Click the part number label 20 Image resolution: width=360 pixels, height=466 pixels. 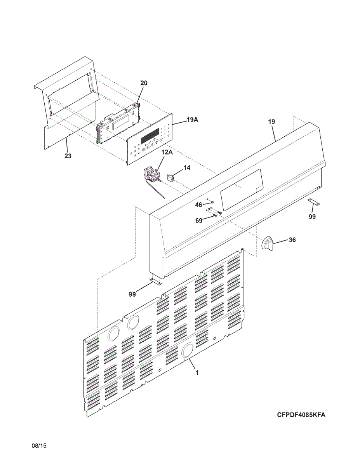(x=144, y=83)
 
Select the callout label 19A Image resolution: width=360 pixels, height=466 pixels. (x=192, y=120)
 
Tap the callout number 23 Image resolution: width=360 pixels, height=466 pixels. (x=68, y=156)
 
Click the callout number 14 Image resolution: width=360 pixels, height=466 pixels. (x=187, y=167)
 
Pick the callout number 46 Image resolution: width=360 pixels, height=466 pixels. (x=198, y=204)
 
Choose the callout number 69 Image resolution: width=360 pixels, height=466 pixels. (x=198, y=220)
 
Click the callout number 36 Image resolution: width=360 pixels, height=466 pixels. (x=292, y=240)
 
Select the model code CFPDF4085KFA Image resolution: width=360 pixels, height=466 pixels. (x=301, y=415)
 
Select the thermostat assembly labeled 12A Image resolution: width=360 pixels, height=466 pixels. (x=152, y=175)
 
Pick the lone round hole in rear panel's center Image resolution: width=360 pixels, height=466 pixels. (x=188, y=349)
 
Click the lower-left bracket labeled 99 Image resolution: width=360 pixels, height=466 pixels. (x=155, y=282)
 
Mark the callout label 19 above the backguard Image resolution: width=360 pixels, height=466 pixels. (x=271, y=122)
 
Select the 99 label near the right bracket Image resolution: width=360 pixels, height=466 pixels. (x=312, y=217)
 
